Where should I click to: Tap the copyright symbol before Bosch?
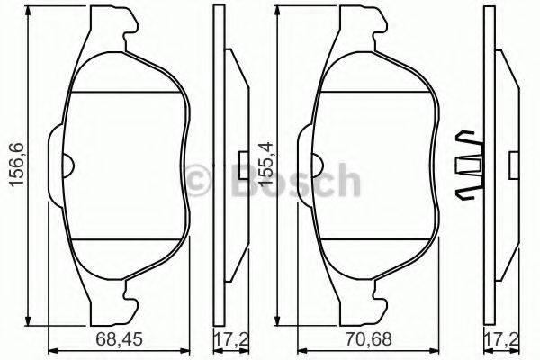pos(203,180)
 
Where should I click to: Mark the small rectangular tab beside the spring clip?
pos(514,165)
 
